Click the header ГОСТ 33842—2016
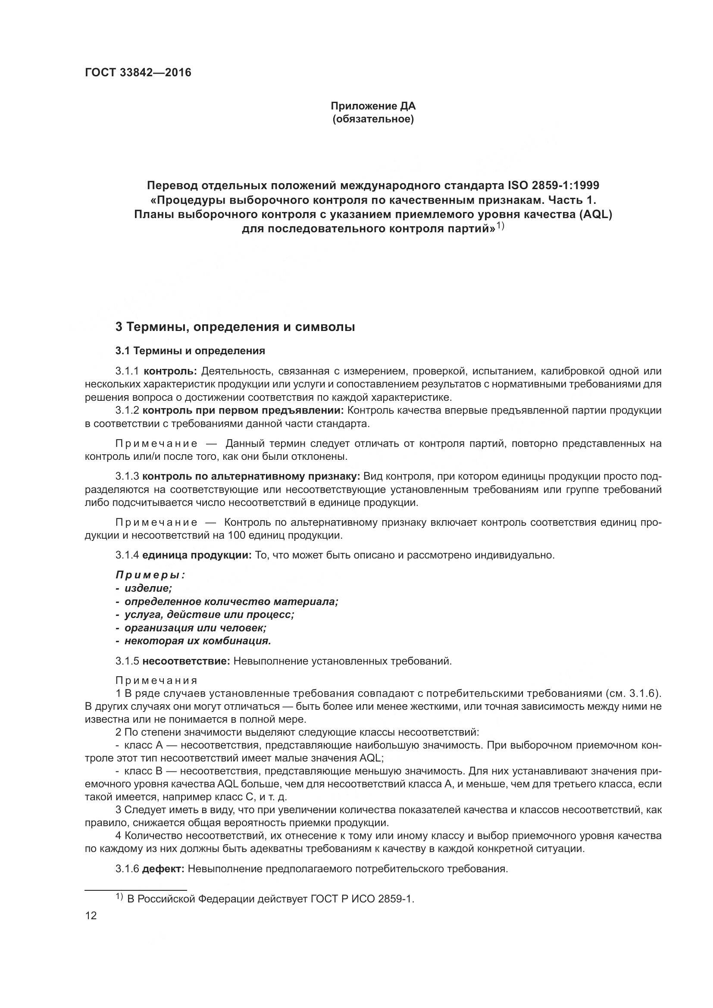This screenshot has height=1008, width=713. coord(138,73)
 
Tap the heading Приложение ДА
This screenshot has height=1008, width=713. coord(373,106)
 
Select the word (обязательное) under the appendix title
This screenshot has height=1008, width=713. coord(373,119)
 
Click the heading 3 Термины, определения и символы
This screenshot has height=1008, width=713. coord(235,327)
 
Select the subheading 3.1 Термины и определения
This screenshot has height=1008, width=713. coord(190,351)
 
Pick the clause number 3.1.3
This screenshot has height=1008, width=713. coord(127,476)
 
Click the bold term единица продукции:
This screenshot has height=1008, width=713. coord(197,555)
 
